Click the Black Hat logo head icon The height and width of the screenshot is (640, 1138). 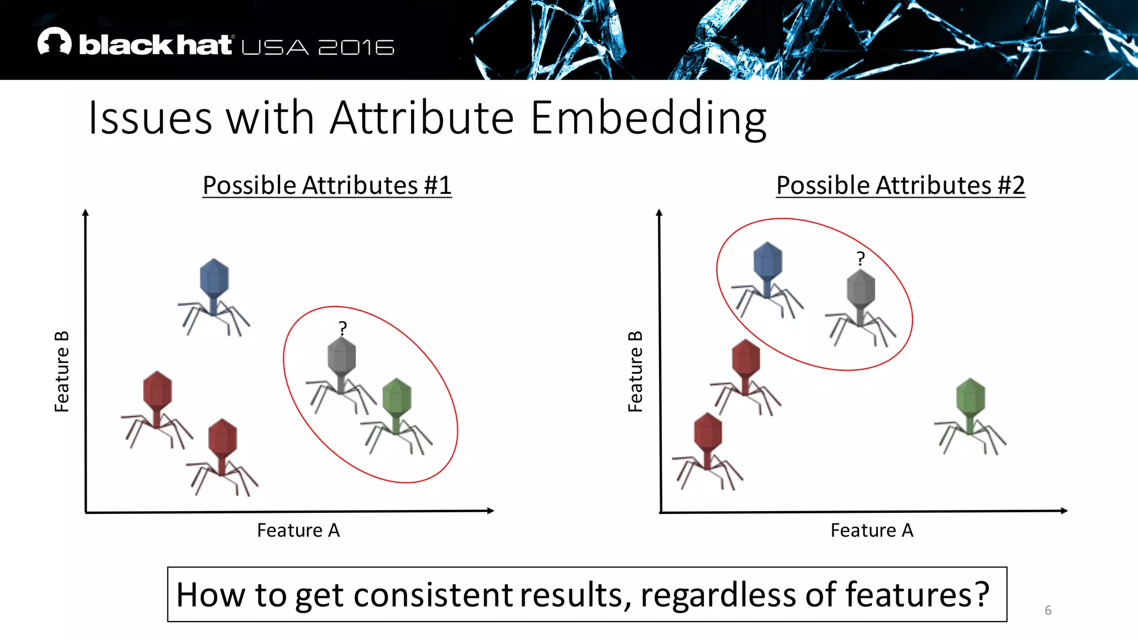[x=54, y=42]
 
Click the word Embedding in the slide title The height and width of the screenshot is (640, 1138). [x=648, y=118]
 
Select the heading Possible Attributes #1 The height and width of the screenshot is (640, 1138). [x=327, y=185]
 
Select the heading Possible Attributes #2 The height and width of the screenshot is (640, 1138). [x=900, y=185]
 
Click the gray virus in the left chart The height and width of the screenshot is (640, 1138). [x=341, y=372]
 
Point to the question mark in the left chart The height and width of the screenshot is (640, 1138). [x=343, y=328]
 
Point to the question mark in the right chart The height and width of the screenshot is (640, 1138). [x=860, y=258]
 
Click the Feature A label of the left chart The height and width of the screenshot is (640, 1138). [x=298, y=530]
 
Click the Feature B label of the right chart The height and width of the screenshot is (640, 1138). [x=635, y=372]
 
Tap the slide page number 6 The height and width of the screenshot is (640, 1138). [x=1047, y=610]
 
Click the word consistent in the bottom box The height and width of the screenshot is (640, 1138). [x=433, y=594]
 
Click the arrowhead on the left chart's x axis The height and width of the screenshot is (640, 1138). [x=490, y=511]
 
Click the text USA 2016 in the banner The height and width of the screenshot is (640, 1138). [x=318, y=47]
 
